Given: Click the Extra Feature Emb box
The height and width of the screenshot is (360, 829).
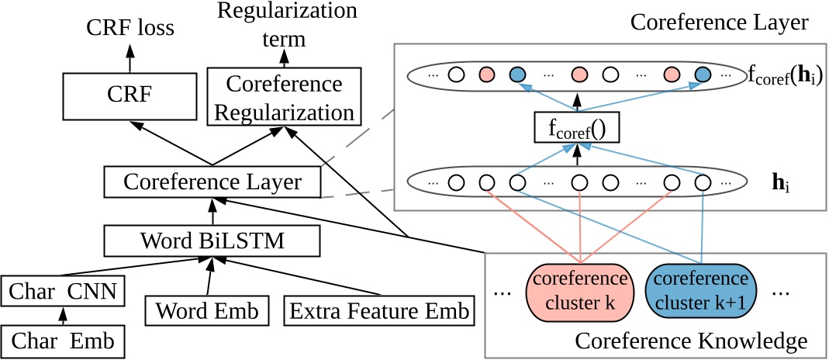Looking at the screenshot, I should [x=380, y=312].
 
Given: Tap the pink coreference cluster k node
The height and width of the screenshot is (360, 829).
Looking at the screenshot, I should [x=575, y=289].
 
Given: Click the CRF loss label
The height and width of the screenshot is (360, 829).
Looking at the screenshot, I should [x=130, y=29].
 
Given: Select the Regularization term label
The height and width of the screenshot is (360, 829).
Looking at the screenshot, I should [x=287, y=23].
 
